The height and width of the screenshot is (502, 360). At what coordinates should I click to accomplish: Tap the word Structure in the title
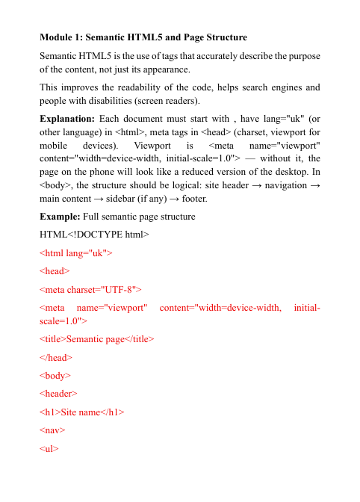tap(223, 37)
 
